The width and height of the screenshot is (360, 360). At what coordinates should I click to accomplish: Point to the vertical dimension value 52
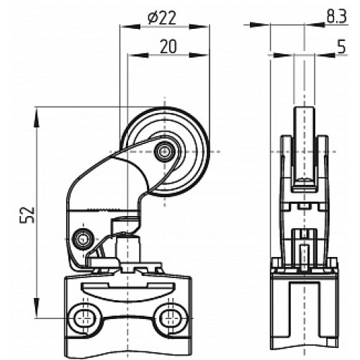tap(27, 214)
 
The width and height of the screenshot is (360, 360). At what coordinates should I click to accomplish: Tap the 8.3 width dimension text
tap(333, 15)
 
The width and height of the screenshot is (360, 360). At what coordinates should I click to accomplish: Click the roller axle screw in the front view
tap(166, 150)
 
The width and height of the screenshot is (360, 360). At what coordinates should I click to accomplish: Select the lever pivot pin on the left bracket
tap(84, 237)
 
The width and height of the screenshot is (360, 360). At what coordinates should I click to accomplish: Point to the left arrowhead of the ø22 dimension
tap(125, 26)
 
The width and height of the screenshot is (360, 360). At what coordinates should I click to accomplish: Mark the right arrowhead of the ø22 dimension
tap(205, 26)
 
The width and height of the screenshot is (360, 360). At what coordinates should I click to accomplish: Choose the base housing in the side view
tap(303, 302)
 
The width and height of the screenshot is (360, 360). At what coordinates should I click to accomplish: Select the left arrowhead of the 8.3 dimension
tap(266, 26)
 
